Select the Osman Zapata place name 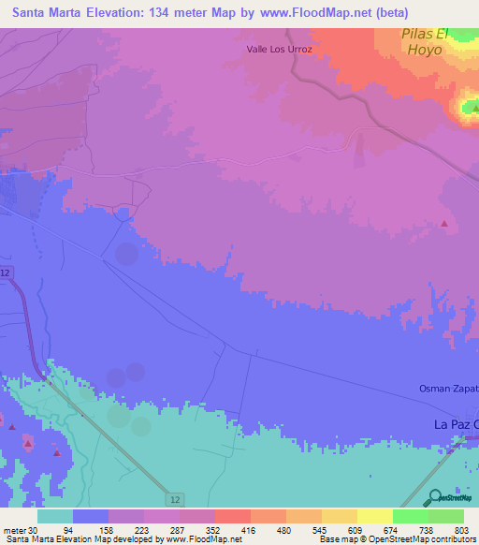click(x=447, y=389)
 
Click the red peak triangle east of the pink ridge click(x=444, y=223)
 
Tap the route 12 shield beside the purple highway click(x=7, y=272)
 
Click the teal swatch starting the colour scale click(x=54, y=515)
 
